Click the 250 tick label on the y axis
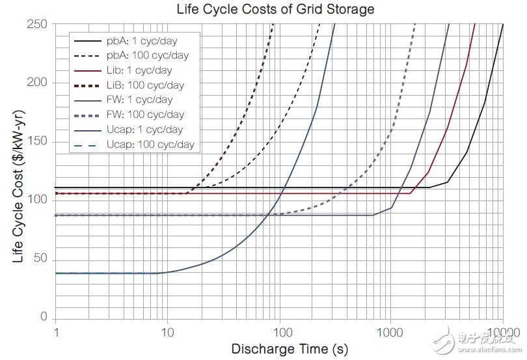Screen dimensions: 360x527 point(39,24)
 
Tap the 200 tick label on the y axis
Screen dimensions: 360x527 point(39,83)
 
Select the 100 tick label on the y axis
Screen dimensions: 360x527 point(39,200)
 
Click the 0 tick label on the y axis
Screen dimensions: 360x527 point(45,317)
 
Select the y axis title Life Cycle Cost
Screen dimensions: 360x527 point(18,189)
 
